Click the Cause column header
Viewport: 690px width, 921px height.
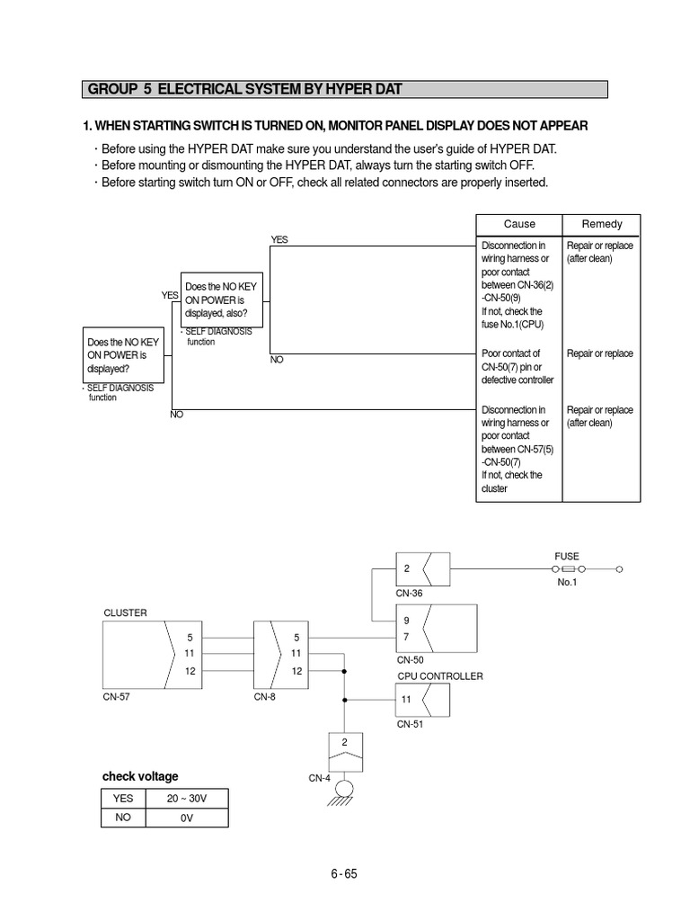point(518,224)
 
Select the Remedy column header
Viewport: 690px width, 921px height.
point(601,224)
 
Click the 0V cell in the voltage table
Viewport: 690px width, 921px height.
point(187,818)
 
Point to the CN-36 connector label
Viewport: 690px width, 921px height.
point(409,594)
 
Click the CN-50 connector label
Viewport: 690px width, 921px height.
point(410,659)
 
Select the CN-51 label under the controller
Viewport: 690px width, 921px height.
point(410,722)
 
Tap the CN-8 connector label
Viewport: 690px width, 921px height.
point(266,696)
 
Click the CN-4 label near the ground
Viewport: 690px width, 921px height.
point(321,778)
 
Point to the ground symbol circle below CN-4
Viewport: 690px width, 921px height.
point(344,789)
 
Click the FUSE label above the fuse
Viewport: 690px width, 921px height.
point(567,557)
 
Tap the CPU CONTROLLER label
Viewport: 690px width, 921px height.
point(440,676)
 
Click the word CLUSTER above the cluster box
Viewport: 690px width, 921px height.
point(125,613)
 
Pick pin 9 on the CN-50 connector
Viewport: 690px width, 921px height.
point(406,621)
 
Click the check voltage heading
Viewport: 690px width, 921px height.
point(140,776)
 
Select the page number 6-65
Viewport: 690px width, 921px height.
point(344,873)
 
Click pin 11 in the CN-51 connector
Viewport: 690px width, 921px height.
point(406,699)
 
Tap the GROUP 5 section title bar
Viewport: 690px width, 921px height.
point(345,89)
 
